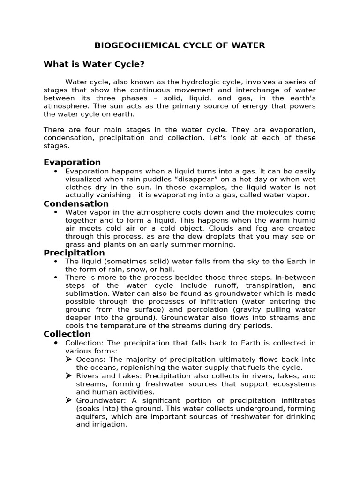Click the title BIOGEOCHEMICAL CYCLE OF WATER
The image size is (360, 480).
click(x=180, y=45)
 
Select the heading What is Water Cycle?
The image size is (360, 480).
click(x=90, y=64)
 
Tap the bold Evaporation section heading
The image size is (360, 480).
click(x=72, y=162)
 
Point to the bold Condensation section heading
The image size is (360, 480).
click(x=76, y=203)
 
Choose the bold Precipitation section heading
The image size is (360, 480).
click(x=74, y=253)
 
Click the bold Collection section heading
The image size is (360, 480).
click(x=67, y=334)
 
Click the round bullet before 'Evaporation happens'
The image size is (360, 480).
click(x=56, y=171)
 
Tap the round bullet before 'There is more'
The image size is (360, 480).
click(x=56, y=277)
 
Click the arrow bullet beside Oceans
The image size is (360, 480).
click(x=68, y=360)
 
